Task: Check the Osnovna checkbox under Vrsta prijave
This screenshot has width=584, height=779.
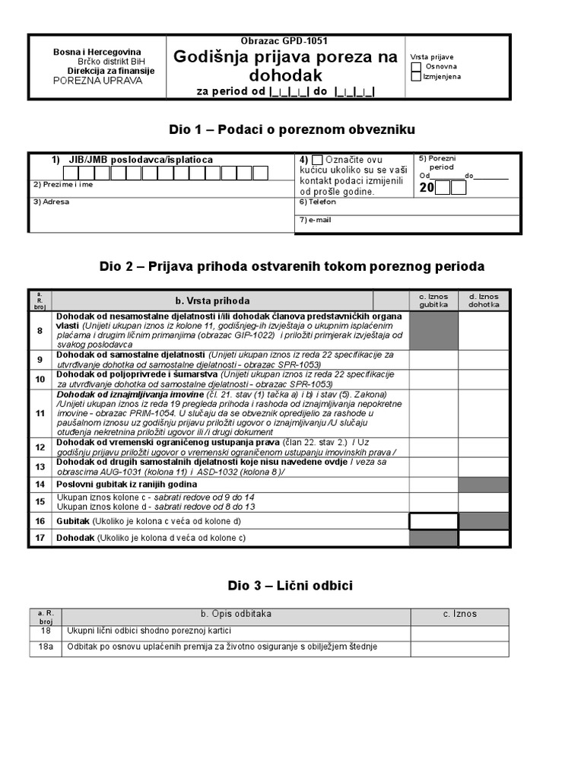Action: pyautogui.click(x=416, y=67)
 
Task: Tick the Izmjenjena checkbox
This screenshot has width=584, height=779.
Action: pyautogui.click(x=416, y=76)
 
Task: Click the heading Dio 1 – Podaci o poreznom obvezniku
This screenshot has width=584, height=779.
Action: pyautogui.click(x=291, y=129)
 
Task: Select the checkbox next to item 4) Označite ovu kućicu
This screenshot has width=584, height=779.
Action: pyautogui.click(x=317, y=160)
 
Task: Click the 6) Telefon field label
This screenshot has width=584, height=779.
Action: pyautogui.click(x=317, y=202)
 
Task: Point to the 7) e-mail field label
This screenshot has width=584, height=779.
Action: pyautogui.click(x=315, y=220)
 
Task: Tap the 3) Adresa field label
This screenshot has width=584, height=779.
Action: pyautogui.click(x=51, y=202)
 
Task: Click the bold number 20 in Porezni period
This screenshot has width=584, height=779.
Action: pyautogui.click(x=426, y=187)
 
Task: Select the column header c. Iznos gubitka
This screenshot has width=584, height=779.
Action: pyautogui.click(x=433, y=300)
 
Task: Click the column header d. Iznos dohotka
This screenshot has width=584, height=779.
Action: pyautogui.click(x=484, y=300)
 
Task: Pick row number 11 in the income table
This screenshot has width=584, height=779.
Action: pyautogui.click(x=40, y=414)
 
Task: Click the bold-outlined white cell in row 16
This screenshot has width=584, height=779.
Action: pyautogui.click(x=433, y=521)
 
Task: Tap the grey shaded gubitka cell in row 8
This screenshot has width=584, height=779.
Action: pyautogui.click(x=433, y=331)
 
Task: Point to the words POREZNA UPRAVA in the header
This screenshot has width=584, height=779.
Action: pyautogui.click(x=97, y=81)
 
